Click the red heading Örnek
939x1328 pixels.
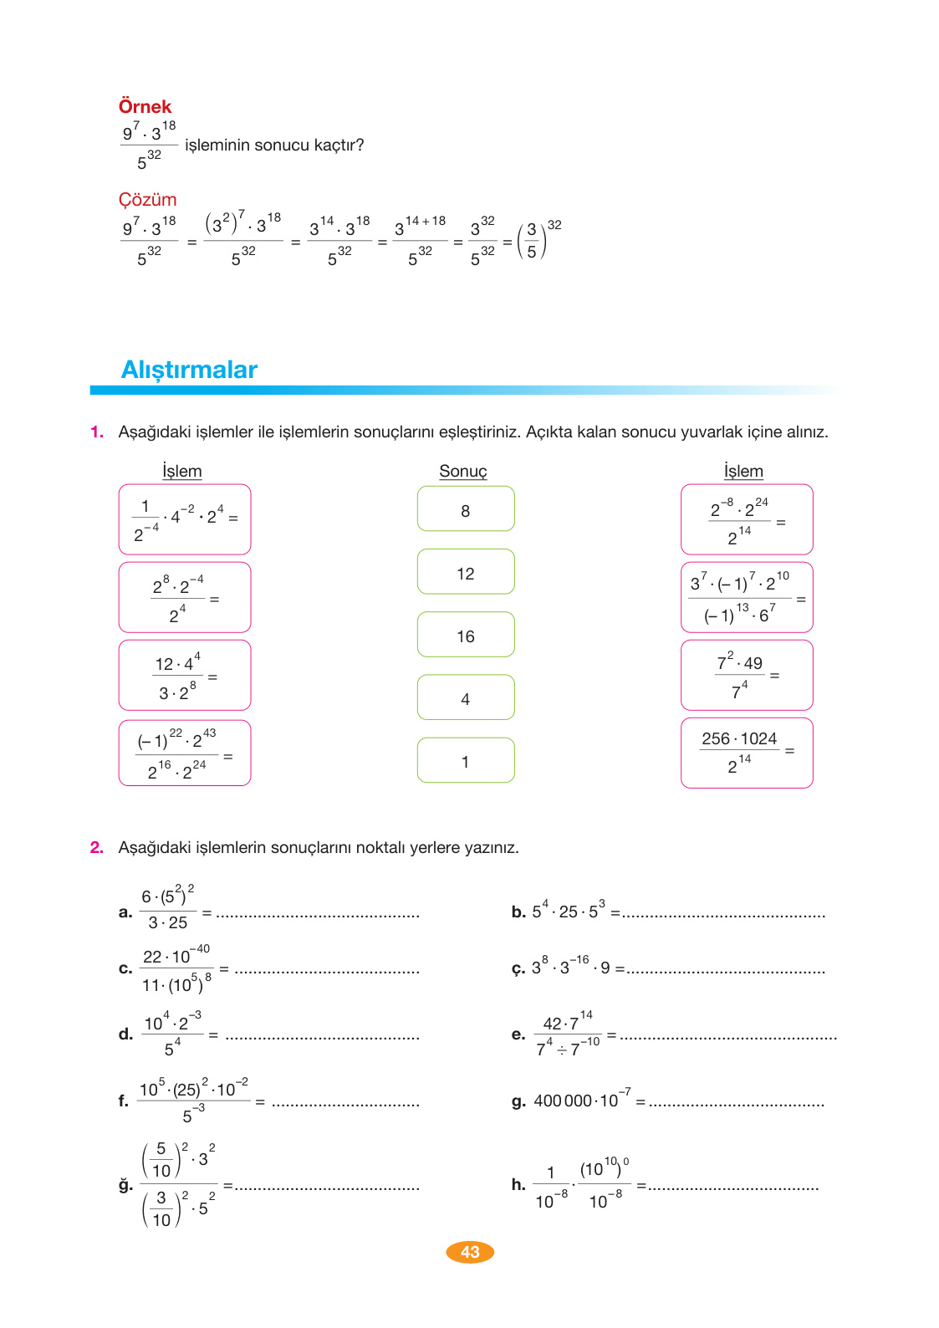tap(145, 107)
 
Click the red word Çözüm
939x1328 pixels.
tap(147, 200)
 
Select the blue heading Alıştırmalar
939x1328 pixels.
tap(189, 370)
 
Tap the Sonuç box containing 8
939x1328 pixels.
tap(466, 509)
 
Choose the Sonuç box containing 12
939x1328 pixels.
tap(466, 572)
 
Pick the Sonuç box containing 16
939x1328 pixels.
tap(466, 635)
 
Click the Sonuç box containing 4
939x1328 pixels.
tap(466, 697)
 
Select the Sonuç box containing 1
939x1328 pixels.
tap(466, 760)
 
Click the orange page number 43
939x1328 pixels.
tap(470, 1252)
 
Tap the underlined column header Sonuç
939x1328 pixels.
tap(462, 472)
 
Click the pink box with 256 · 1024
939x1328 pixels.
tap(747, 753)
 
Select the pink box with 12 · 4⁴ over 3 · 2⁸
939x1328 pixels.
tap(185, 676)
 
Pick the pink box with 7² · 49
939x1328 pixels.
tap(747, 676)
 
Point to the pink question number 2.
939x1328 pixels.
tap(97, 848)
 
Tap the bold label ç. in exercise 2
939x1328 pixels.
tap(518, 969)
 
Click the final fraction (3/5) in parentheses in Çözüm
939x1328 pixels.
tap(532, 241)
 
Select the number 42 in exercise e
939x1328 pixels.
tap(552, 1024)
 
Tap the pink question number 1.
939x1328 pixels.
tap(97, 432)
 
